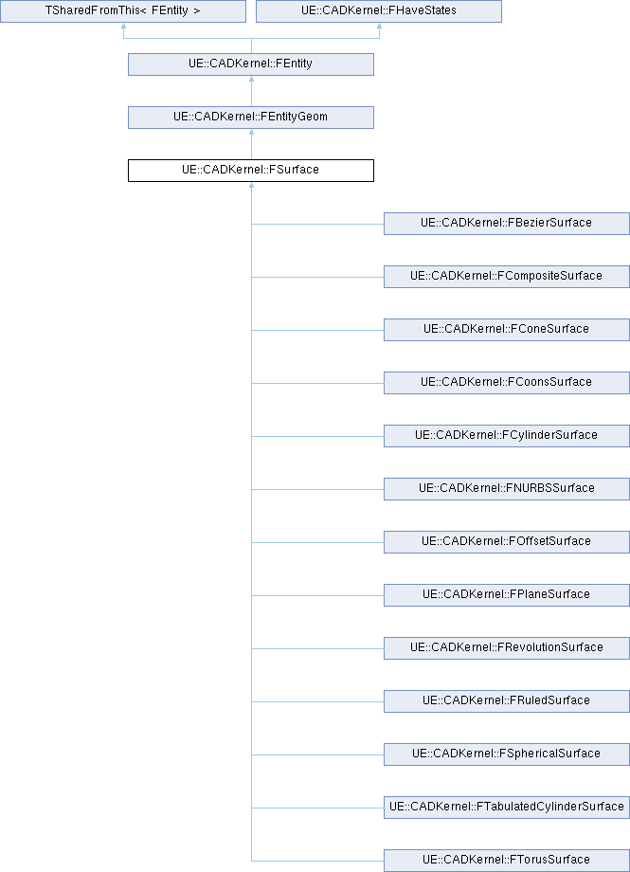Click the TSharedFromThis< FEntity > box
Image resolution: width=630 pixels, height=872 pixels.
[123, 11]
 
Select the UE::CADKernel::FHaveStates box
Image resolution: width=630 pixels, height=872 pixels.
[379, 11]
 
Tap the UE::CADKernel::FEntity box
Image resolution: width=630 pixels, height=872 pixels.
[251, 64]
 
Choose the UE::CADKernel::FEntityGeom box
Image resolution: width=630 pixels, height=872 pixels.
[251, 118]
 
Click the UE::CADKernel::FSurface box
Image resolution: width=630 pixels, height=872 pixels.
[251, 171]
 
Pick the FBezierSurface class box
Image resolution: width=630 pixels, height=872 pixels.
[507, 223]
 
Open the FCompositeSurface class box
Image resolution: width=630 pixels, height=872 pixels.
[507, 276]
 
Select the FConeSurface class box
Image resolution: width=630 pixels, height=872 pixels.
[507, 329]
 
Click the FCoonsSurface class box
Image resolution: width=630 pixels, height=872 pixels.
[507, 382]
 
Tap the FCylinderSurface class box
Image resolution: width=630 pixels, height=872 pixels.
[507, 435]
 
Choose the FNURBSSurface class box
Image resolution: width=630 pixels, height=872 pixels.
[507, 488]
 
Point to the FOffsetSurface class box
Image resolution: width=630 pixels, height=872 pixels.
[507, 541]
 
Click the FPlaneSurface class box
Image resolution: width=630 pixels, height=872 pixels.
[507, 594]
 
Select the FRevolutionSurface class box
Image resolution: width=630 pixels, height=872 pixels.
[507, 647]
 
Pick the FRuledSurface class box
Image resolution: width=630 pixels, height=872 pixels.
[507, 700]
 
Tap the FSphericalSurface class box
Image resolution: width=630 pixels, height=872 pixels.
[507, 754]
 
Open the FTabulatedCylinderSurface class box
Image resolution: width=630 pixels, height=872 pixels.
[507, 807]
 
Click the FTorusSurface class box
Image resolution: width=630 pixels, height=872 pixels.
[507, 860]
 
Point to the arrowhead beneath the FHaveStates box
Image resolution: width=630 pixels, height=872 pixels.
[379, 28]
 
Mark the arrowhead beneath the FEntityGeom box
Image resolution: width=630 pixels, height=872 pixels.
[251, 134]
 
